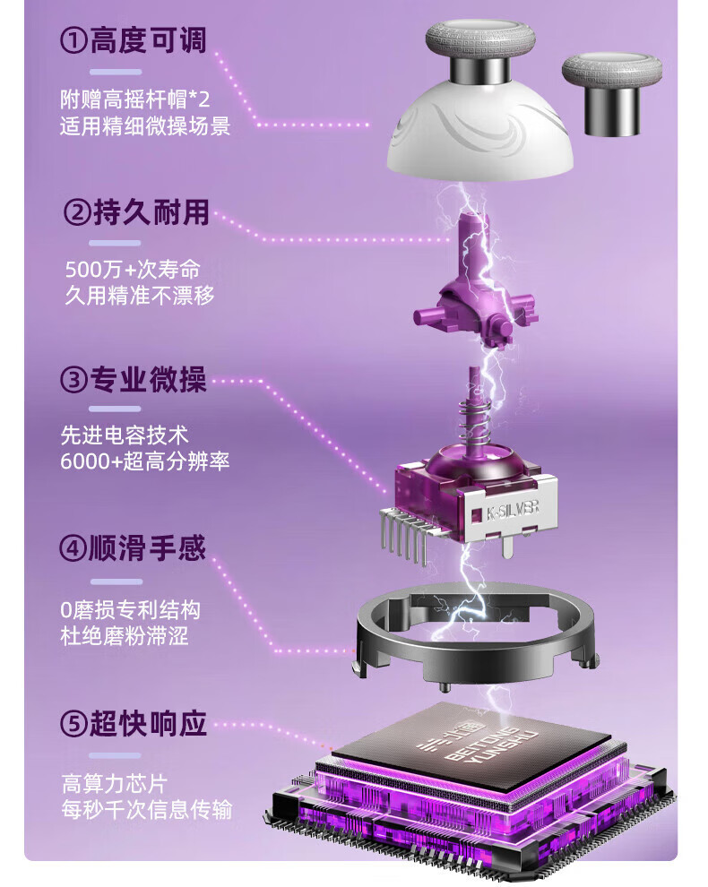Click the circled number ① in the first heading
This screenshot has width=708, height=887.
pyautogui.click(x=73, y=41)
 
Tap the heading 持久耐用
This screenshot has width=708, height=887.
pyautogui.click(x=151, y=213)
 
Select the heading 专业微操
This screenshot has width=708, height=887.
pyautogui.click(x=148, y=380)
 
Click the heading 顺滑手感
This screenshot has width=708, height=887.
pyautogui.click(x=147, y=548)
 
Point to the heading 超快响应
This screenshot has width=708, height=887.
pyautogui.click(x=148, y=724)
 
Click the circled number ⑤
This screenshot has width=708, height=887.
pyautogui.click(x=73, y=724)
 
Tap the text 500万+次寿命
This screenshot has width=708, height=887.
pyautogui.click(x=133, y=270)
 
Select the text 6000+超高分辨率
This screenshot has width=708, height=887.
pyautogui.click(x=145, y=461)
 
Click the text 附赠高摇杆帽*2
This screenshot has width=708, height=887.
pyautogui.click(x=135, y=99)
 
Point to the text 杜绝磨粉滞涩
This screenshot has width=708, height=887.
pyautogui.click(x=125, y=636)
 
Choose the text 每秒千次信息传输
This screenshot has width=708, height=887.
pyautogui.click(x=147, y=810)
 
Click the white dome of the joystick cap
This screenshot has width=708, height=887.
pyautogui.click(x=479, y=136)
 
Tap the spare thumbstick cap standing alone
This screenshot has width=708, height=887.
pyautogui.click(x=612, y=93)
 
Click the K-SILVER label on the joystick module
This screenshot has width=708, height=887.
pyautogui.click(x=513, y=510)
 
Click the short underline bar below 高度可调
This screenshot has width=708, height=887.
pyautogui.click(x=116, y=73)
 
